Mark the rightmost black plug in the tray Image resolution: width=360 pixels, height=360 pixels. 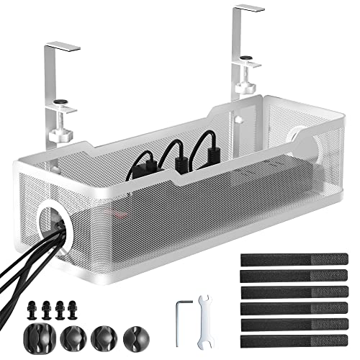[x=212, y=147]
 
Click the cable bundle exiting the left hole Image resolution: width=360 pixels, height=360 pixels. [x=22, y=259]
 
